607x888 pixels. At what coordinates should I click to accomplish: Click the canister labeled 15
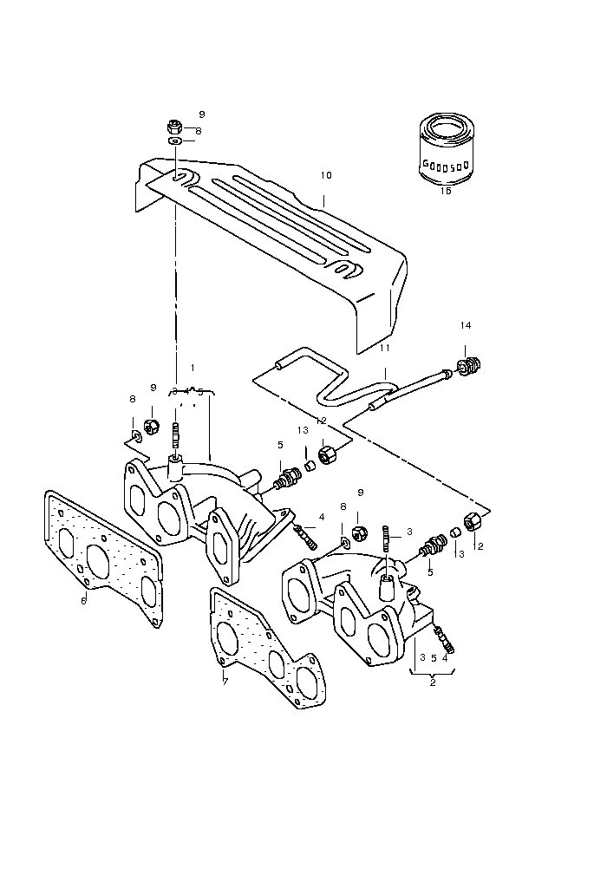click(445, 151)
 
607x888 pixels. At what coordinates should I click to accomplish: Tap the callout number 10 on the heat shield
click(325, 175)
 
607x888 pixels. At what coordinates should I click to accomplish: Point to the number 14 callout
click(466, 325)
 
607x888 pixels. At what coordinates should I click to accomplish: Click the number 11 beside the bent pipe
click(384, 348)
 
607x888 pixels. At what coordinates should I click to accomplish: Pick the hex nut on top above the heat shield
click(175, 125)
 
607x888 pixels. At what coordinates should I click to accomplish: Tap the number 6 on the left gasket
click(83, 600)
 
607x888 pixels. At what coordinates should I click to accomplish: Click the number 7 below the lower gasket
click(225, 682)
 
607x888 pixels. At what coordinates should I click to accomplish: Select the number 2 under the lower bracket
click(432, 682)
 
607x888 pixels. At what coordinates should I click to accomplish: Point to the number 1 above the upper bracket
click(192, 368)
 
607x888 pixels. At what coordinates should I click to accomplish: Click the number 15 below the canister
click(446, 191)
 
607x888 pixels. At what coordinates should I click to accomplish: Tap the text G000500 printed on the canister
click(445, 163)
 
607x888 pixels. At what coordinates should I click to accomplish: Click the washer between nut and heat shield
click(174, 140)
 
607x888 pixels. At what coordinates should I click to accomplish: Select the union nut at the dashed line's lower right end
click(473, 522)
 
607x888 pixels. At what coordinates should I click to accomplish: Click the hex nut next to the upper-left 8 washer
click(149, 426)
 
